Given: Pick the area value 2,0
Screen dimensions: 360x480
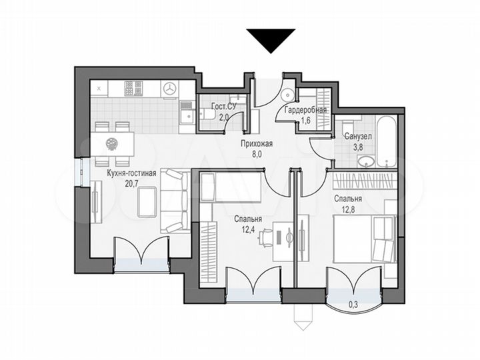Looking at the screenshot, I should (224, 117).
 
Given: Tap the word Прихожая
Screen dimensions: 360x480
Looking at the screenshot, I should (257, 143).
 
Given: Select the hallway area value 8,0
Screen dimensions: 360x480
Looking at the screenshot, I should (257, 153).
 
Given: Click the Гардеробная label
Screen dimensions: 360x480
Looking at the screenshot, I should (305, 110).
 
